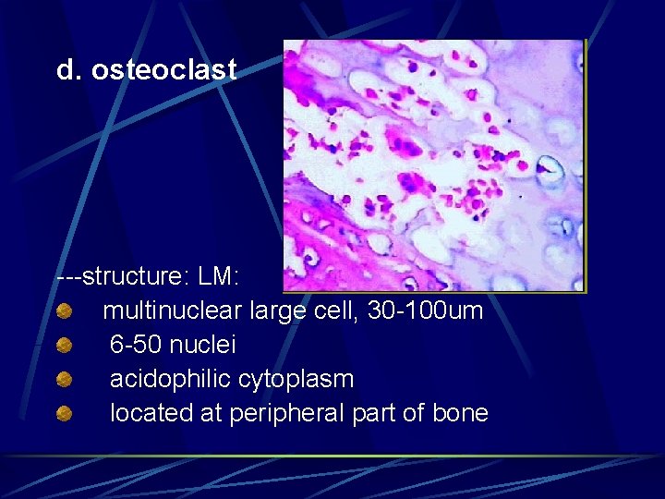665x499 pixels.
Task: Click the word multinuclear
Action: coord(172,310)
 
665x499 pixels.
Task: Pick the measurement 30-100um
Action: coord(425,310)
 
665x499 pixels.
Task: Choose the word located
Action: coord(148,413)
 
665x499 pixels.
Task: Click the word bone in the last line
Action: coord(459,413)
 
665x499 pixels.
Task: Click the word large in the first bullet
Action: coord(277,310)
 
